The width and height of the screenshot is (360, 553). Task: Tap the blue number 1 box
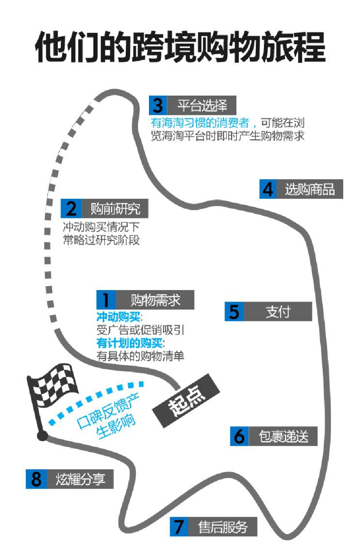point(106,300)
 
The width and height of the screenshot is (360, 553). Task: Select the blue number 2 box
point(71,208)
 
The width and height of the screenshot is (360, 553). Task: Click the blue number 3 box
point(158,105)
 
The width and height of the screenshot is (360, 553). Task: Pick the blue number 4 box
point(268,189)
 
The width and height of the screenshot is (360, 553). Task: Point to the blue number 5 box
point(234,312)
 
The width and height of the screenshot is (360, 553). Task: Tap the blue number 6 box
point(240,436)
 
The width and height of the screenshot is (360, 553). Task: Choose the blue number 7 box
point(179,527)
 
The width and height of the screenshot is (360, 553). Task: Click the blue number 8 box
point(36,479)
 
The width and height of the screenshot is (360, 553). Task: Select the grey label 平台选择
point(202,105)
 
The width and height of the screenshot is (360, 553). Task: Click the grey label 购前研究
point(115,208)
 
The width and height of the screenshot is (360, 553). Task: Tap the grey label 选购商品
point(310,189)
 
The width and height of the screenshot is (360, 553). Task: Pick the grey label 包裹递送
point(283,436)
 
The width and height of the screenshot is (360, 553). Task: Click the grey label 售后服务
point(223,527)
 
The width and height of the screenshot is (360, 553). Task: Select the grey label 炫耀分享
point(80,479)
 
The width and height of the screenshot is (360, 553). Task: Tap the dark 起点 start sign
point(186,401)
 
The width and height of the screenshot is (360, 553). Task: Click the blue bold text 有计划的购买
point(130,343)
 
